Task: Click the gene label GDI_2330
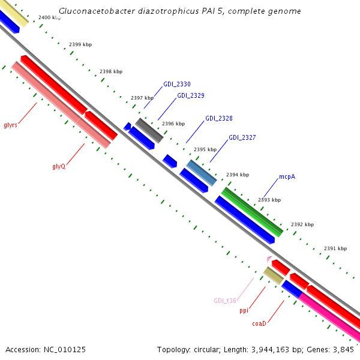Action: (x=177, y=84)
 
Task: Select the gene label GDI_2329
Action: (x=190, y=95)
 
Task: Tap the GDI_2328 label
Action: (x=219, y=118)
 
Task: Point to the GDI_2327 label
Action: (x=242, y=137)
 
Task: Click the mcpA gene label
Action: (x=287, y=177)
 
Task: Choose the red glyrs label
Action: (x=10, y=125)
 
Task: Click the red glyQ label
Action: (x=58, y=166)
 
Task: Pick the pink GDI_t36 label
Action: (x=225, y=301)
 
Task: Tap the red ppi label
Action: (x=244, y=310)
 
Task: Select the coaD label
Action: (x=259, y=323)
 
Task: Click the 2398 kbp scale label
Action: (x=111, y=71)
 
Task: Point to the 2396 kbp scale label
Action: (x=173, y=124)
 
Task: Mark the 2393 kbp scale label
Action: (x=269, y=200)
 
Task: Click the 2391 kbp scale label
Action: (x=335, y=248)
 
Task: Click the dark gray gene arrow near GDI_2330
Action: (x=149, y=130)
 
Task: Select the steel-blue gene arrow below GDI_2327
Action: (x=202, y=173)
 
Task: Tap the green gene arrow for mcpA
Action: (x=253, y=212)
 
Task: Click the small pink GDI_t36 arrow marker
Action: (x=269, y=259)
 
